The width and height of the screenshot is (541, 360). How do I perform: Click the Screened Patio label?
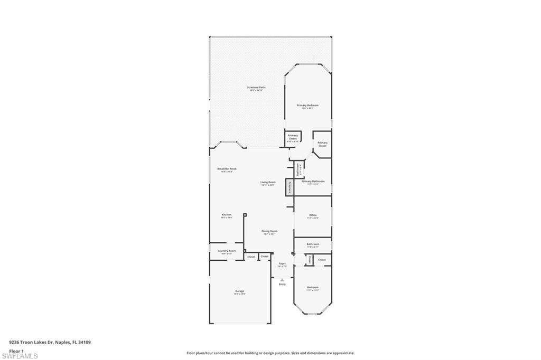point(256,88)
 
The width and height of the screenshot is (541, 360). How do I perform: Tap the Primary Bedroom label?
point(307,106)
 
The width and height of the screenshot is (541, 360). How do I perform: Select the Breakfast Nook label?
point(227,169)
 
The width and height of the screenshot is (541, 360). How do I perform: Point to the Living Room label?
point(268,183)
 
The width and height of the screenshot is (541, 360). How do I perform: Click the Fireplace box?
point(289,187)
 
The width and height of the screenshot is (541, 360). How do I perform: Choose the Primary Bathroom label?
point(313,182)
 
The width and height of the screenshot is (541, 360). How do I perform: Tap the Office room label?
point(313,216)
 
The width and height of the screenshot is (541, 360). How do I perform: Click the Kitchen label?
point(227,216)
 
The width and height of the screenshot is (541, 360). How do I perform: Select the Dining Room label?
point(269,232)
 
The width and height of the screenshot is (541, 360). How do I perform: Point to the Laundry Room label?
point(227,251)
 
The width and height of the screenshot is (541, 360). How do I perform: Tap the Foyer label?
point(282,264)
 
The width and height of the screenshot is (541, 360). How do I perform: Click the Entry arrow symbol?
point(282,280)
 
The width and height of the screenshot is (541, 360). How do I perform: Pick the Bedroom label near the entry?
point(313,288)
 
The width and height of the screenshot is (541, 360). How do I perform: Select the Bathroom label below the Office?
point(313,245)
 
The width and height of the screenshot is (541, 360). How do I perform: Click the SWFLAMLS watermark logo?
point(20,355)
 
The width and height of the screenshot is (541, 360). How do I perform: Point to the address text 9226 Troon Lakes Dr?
point(50,342)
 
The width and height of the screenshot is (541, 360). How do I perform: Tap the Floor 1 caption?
point(16,350)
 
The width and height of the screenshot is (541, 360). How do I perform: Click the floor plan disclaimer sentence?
point(270,353)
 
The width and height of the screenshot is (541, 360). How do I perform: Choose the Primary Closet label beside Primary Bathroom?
point(322,144)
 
